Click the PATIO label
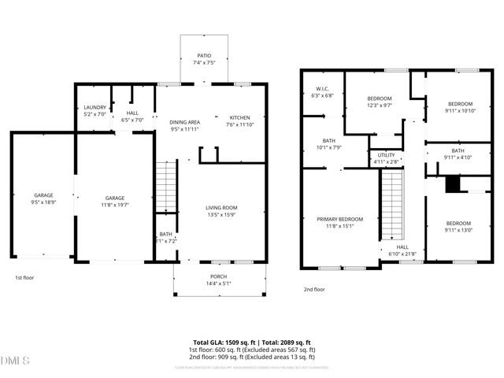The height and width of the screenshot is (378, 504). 204,56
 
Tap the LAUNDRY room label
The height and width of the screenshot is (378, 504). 94,108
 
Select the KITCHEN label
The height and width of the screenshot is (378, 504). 239,117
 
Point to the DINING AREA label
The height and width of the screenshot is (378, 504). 185,122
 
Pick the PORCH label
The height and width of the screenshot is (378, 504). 218,276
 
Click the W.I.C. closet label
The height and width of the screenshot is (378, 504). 323,89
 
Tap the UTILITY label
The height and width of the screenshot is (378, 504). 386,155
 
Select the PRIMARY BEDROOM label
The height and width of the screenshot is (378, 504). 340,219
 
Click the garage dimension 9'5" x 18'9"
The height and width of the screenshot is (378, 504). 43,202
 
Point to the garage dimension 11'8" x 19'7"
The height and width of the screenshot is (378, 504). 115,205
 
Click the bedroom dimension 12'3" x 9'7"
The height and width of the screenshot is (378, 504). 379,105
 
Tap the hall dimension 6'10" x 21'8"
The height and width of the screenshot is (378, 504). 401,254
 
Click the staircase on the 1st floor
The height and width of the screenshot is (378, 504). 165,186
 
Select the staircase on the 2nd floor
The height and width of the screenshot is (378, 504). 392,205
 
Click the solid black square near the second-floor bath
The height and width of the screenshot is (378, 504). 451,184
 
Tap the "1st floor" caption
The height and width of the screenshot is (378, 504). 25,277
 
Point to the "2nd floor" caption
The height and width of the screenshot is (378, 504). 314,289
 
